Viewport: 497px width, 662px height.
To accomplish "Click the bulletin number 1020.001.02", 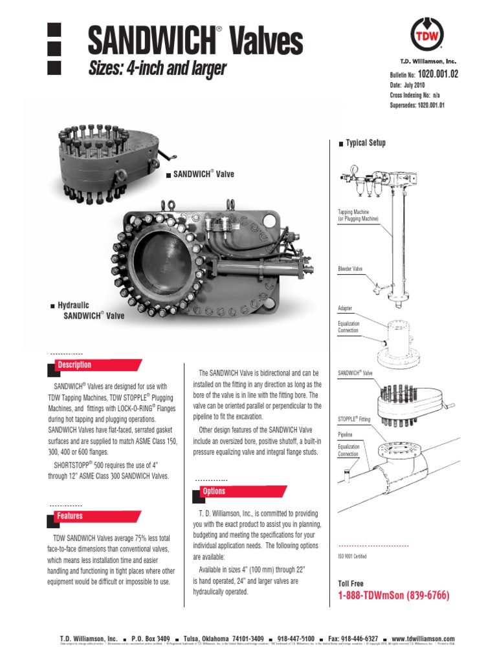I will click(437, 74).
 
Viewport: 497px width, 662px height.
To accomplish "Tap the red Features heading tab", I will click(70, 516).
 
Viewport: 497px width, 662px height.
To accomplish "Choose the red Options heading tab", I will click(214, 491).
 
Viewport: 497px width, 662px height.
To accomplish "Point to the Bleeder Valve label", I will click(353, 268).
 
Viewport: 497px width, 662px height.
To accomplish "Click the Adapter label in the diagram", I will click(346, 308).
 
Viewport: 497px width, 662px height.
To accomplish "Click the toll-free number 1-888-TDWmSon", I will click(393, 595).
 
